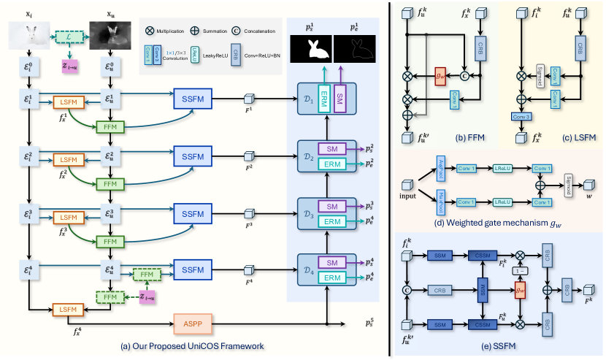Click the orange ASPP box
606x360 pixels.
pos(196,321)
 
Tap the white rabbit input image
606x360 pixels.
pos(27,37)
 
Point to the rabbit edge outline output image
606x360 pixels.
pos(353,50)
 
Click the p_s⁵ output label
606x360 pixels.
pos(372,322)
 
